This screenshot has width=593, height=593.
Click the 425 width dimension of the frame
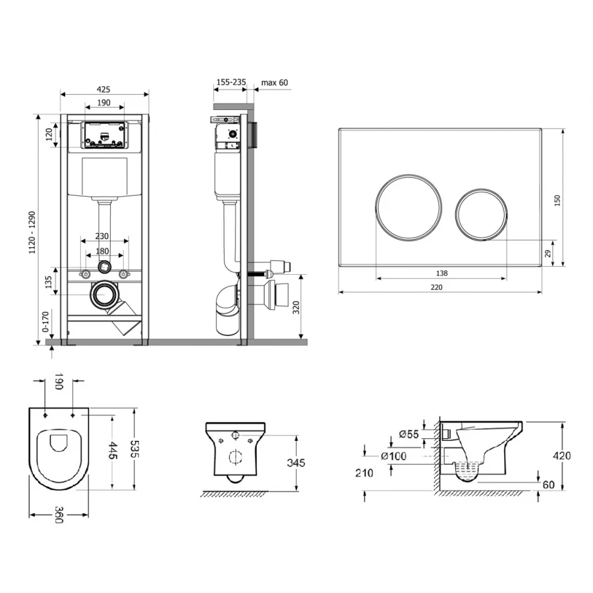103,88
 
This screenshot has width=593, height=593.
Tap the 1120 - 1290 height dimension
42,229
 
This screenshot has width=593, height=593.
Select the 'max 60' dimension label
275,82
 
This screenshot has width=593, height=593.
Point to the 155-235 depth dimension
231,82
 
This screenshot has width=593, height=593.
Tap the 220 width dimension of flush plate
437,287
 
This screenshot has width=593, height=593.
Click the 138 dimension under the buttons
441,273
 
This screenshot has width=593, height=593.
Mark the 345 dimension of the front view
297,463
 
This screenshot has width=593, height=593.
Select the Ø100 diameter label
393,456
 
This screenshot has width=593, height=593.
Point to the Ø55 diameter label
409,434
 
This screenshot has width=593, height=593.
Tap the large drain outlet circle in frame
103,295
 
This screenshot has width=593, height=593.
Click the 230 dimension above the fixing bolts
101,236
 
